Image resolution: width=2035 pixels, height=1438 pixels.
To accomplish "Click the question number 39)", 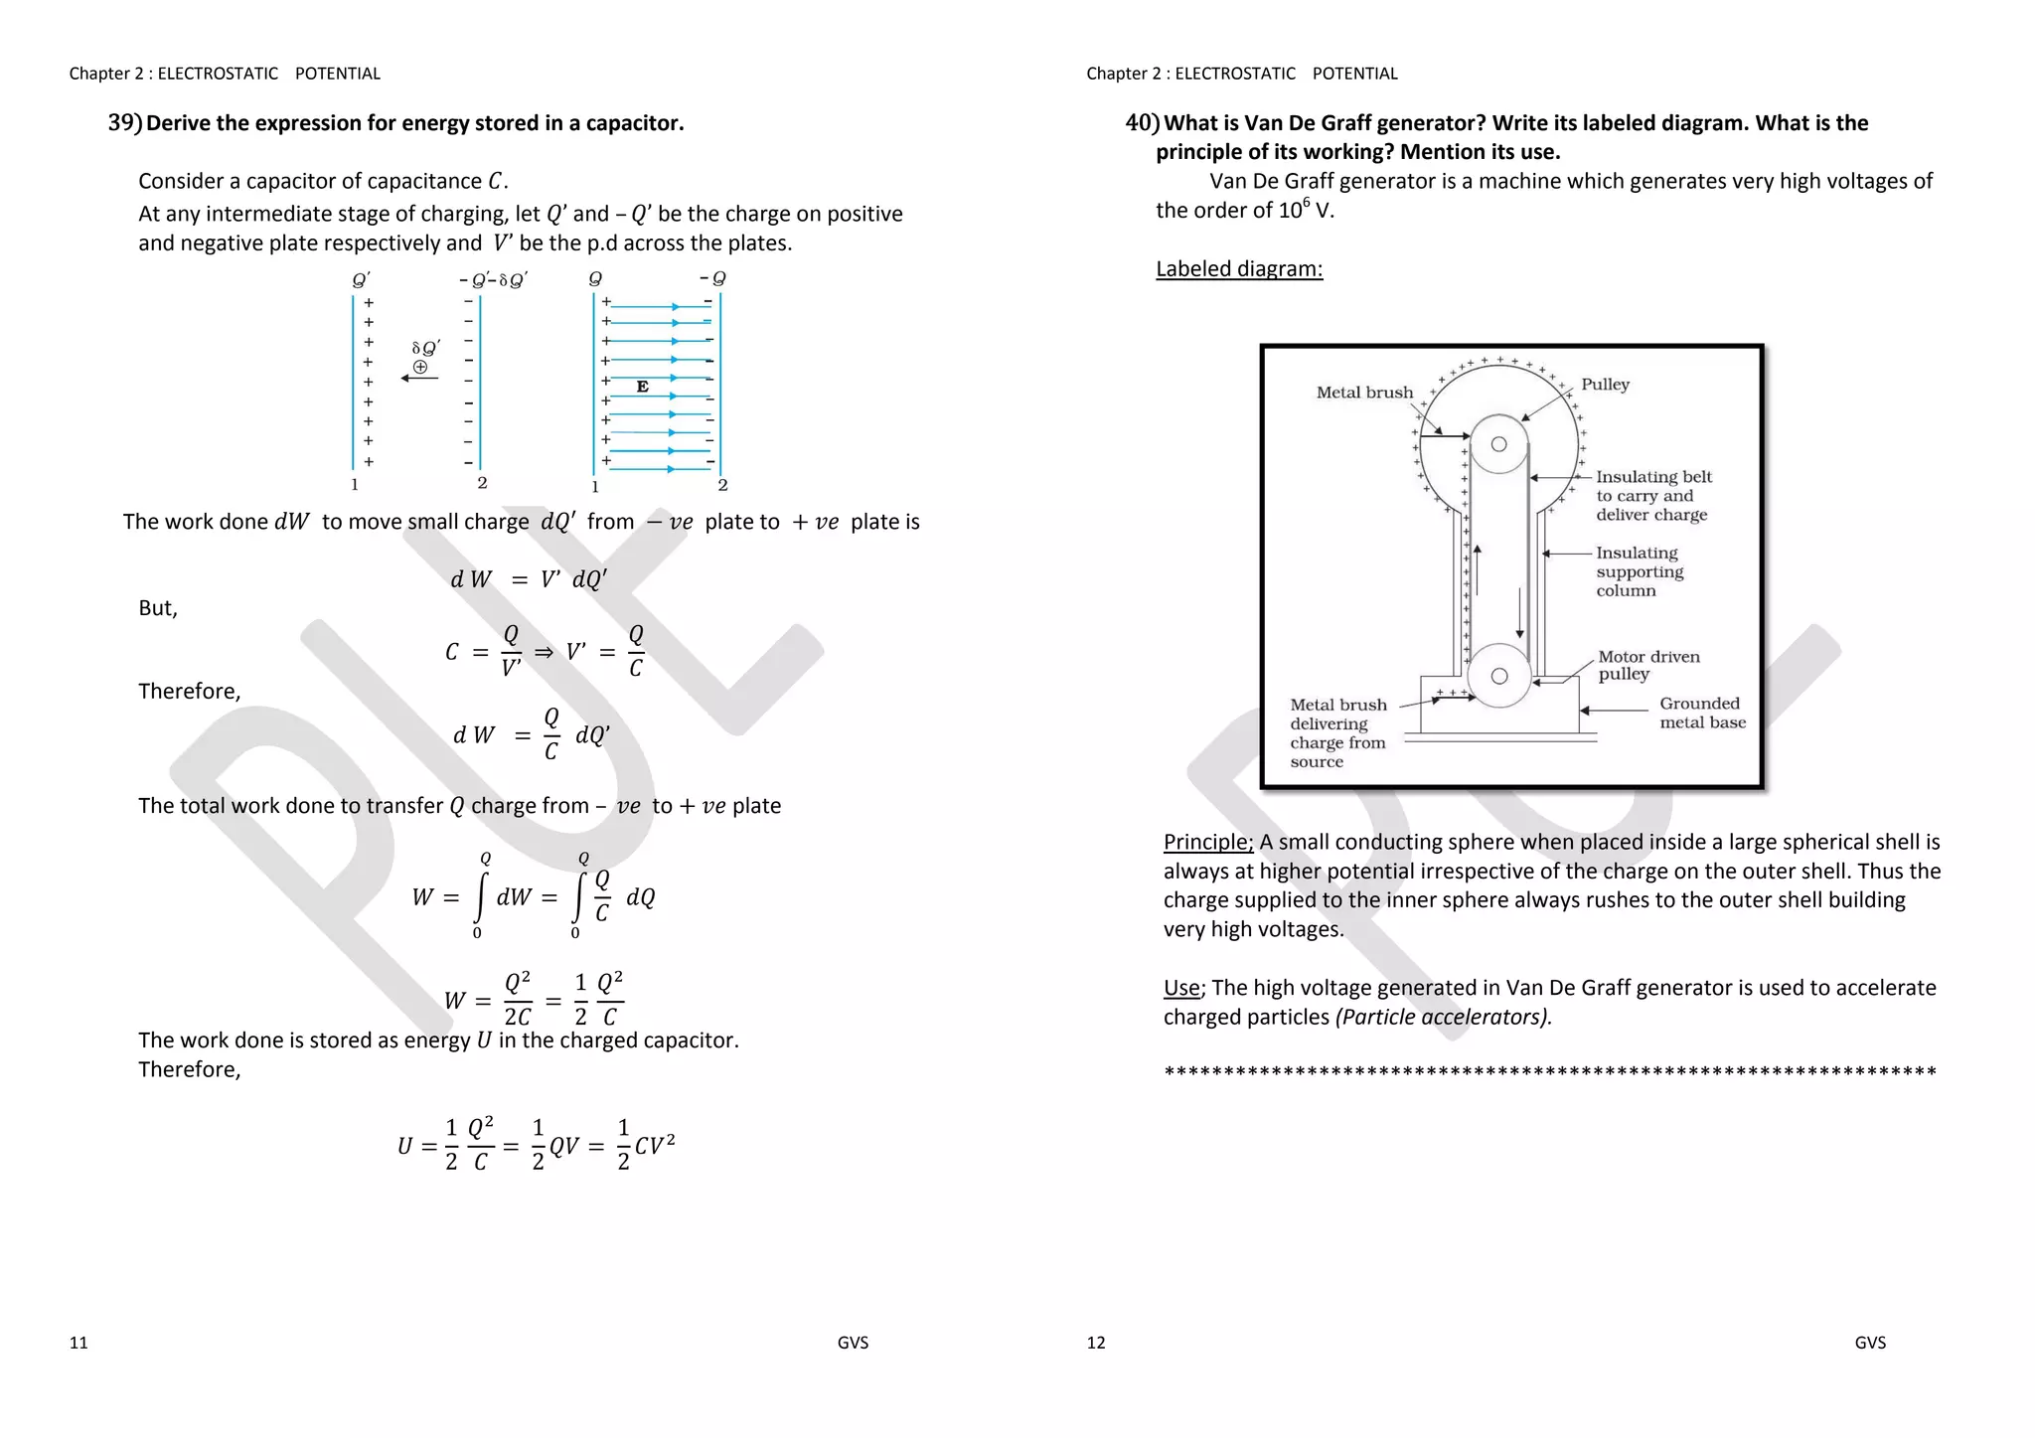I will pos(125,123).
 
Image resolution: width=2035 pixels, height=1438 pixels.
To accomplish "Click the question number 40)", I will pos(1143,123).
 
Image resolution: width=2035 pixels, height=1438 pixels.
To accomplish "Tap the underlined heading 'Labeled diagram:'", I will pos(1239,268).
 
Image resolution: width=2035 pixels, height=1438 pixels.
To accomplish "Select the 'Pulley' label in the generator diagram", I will pos(1605,385).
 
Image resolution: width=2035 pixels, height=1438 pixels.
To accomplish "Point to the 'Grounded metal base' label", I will pos(1701,713).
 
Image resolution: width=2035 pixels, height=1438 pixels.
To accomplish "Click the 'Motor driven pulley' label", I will pos(1647,665).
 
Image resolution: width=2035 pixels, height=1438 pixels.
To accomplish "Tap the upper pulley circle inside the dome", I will pos(1498,444).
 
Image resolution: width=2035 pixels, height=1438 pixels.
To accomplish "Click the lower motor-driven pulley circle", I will pos(1498,676).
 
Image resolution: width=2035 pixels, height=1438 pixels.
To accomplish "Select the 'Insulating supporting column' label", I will pos(1640,571).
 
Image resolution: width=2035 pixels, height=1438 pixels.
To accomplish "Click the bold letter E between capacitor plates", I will pos(642,387).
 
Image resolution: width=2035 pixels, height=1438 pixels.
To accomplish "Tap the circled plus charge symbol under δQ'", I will pos(420,367).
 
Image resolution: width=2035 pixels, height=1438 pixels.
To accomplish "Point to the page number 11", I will pos(78,1343).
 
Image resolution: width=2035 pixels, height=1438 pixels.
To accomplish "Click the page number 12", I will pos(1095,1343).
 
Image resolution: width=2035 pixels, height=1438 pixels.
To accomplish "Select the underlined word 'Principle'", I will pos(1207,842).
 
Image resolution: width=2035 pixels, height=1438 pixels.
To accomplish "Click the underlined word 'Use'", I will pos(1181,988).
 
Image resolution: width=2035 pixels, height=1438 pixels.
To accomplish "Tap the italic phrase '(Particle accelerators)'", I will pos(1443,1017).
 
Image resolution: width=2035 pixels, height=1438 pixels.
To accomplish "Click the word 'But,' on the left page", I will pos(158,608).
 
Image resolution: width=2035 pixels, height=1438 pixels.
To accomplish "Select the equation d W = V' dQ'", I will pos(528,579).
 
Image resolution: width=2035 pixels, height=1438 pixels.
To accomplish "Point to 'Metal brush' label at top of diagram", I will pos(1363,393).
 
